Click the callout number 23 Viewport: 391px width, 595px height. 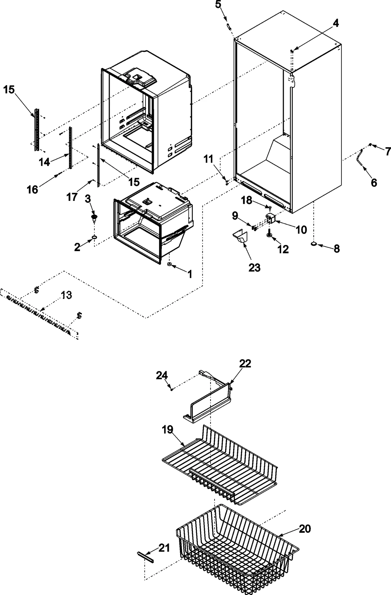coord(254,268)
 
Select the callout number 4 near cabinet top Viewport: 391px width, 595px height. coord(335,23)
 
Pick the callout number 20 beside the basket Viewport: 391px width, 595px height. coord(305,529)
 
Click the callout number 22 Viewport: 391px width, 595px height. coord(245,363)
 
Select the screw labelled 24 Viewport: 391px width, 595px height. coord(172,389)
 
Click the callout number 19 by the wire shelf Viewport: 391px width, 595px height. coord(167,429)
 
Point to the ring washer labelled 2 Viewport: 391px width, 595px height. coord(94,237)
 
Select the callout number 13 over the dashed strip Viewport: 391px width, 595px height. coord(66,295)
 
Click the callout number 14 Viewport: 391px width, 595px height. coord(44,162)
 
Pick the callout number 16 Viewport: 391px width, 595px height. coord(33,189)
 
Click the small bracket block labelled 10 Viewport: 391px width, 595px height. coord(270,219)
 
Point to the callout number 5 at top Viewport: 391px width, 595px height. coord(218,4)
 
